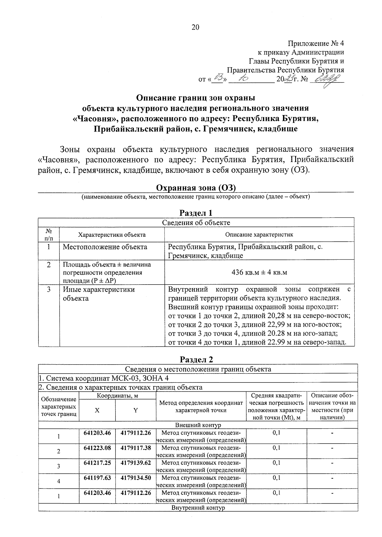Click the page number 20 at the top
pos(195,27)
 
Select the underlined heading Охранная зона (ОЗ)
pos(195,188)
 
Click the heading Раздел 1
pos(196,213)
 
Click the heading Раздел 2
pos(196,359)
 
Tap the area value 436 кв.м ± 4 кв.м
pos(259,272)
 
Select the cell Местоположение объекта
pos(105,247)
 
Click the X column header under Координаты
pos(97,410)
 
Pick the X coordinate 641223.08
pos(97,448)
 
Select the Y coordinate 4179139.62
pos(136,463)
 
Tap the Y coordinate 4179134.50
pos(136,478)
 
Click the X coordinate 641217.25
pos(97,463)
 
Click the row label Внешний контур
pos(198,425)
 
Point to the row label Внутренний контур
pos(198,508)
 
